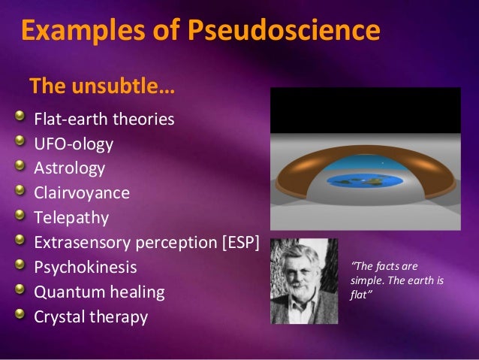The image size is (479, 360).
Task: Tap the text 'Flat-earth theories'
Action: coord(104,119)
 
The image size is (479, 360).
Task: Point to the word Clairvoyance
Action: coord(81,192)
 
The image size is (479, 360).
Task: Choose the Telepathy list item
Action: coord(71,217)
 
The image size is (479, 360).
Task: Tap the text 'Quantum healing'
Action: coord(93,292)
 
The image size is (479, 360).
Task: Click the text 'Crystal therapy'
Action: coord(90,316)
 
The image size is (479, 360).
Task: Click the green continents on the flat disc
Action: coord(356,180)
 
